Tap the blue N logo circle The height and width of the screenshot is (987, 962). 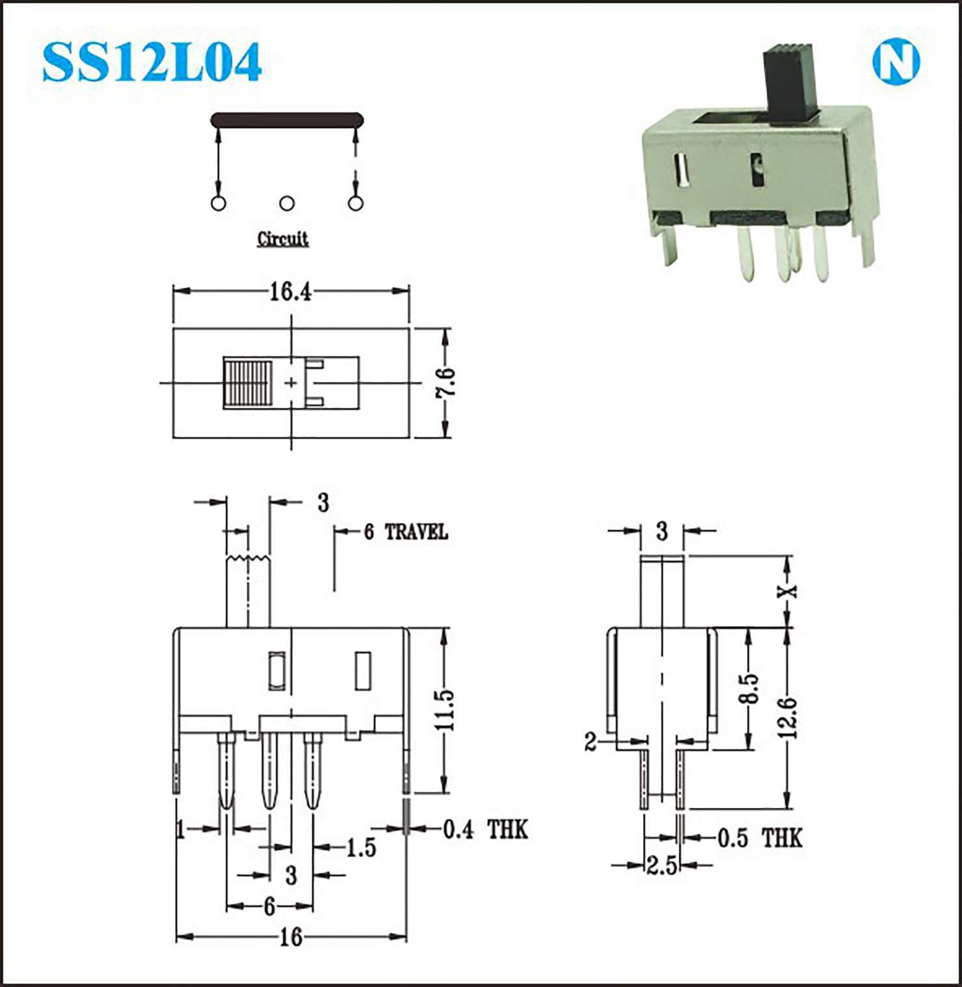(x=896, y=62)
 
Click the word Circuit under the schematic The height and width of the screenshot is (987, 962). (x=282, y=239)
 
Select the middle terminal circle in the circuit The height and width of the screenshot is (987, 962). (x=287, y=204)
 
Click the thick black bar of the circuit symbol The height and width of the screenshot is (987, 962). (x=287, y=120)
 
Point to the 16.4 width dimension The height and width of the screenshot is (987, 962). (x=290, y=291)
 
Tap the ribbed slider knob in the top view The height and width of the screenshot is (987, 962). (x=247, y=383)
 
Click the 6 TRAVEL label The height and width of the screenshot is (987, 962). (x=406, y=532)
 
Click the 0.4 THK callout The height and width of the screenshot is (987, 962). (x=485, y=830)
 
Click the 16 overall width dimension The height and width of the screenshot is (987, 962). (x=291, y=937)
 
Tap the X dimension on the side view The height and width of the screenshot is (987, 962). (x=788, y=591)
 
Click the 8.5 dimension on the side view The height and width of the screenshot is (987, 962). (x=749, y=688)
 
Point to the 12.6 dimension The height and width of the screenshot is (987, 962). (x=788, y=718)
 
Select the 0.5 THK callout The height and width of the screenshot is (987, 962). (x=760, y=838)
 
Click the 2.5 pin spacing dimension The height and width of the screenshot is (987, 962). (x=661, y=866)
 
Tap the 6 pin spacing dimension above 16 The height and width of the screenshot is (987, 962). (x=269, y=906)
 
